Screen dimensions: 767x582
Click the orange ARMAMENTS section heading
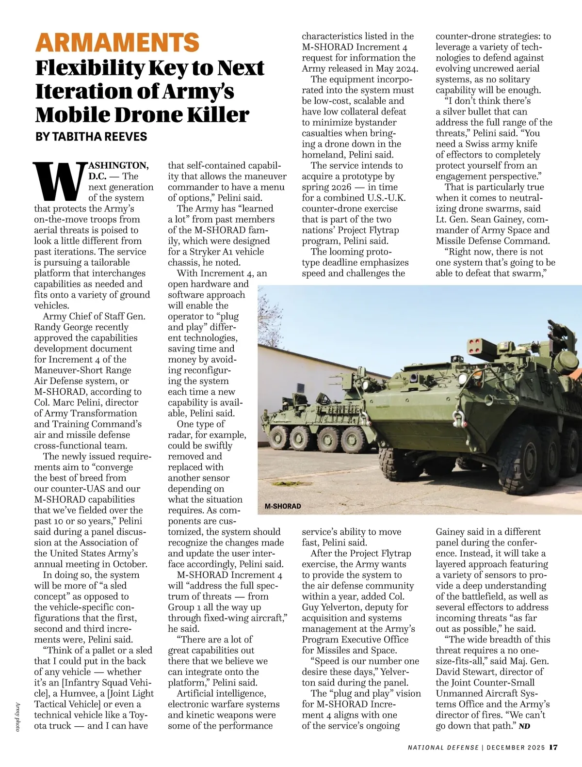[117, 43]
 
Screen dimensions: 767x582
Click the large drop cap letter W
[60, 181]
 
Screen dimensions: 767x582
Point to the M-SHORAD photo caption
[283, 506]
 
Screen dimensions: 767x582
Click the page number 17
[553, 747]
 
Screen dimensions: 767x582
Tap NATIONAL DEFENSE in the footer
[443, 748]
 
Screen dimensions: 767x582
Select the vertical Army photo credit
[17, 717]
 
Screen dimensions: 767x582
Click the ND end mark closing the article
[524, 726]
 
